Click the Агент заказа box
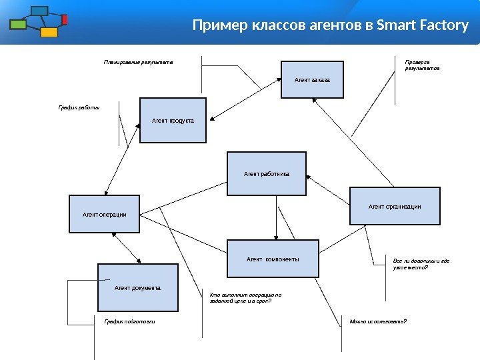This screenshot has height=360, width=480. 312,80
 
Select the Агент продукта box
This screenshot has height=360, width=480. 173,121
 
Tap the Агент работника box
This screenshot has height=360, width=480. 267,173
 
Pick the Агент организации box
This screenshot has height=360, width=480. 395,206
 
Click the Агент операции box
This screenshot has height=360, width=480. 105,214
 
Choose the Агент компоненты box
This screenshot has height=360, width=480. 273,259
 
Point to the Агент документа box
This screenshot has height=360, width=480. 138,287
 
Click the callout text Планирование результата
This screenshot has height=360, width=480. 138,62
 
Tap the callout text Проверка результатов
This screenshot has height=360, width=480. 422,65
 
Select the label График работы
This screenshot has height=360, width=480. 79,107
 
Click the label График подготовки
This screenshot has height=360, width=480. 129,321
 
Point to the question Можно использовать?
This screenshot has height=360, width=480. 378,321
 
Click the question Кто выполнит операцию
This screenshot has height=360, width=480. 245,297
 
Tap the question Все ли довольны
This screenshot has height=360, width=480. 421,264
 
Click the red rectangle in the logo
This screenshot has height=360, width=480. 65,19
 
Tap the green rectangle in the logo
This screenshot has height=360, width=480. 18,25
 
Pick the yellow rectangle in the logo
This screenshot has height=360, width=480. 49,32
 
